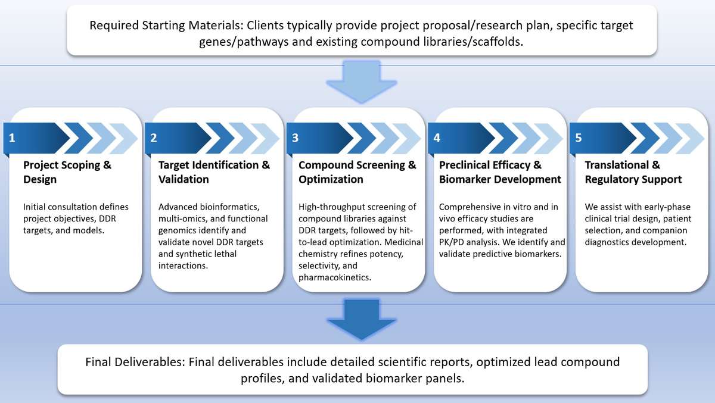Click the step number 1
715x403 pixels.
(x=12, y=138)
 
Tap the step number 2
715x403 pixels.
(x=154, y=138)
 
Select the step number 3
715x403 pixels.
(x=295, y=138)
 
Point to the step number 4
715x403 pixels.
(x=437, y=138)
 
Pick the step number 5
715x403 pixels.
(x=578, y=138)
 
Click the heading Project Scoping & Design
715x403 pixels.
(x=67, y=172)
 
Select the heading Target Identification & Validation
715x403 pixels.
(x=214, y=172)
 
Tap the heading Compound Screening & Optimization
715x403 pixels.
(x=357, y=172)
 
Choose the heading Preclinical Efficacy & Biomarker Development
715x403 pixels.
(x=500, y=172)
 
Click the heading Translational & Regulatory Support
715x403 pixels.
(x=633, y=172)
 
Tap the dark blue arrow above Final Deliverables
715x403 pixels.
(x=362, y=318)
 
